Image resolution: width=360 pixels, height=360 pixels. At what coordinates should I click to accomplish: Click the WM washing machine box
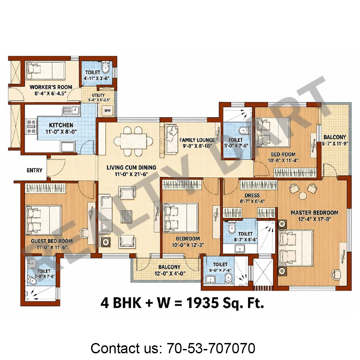(x=107, y=110)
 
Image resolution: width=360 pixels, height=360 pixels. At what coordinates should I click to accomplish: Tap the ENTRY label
(x=34, y=170)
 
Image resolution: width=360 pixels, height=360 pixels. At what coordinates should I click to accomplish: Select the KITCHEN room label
(x=61, y=125)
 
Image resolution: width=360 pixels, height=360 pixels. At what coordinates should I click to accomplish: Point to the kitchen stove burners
(x=31, y=126)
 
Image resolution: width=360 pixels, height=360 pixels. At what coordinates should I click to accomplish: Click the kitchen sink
(x=71, y=110)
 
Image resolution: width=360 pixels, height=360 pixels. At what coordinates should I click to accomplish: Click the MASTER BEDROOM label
(x=314, y=213)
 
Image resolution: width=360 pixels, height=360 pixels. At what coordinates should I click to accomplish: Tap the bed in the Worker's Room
(x=45, y=70)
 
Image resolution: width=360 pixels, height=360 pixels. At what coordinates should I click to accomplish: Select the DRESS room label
(x=252, y=195)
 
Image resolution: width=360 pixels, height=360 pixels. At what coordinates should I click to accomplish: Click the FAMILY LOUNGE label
(x=197, y=140)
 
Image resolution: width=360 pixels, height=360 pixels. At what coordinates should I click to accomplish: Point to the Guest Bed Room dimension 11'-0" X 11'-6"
(x=52, y=247)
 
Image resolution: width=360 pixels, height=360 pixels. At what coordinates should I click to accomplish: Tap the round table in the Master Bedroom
(x=303, y=196)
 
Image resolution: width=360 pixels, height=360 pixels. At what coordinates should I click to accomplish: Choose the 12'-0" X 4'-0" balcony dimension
(x=170, y=273)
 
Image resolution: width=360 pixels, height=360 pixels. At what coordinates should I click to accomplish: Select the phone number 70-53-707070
(x=211, y=348)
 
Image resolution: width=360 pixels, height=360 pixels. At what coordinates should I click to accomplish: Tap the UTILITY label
(x=98, y=95)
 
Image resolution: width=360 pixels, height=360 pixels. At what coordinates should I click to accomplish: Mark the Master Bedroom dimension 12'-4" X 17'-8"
(x=315, y=219)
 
